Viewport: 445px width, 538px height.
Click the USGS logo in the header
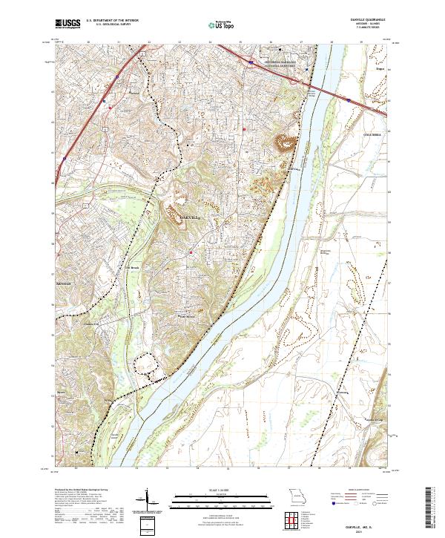(68, 23)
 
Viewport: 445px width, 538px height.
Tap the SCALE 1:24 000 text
(222, 491)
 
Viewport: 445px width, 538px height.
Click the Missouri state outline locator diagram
(297, 496)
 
